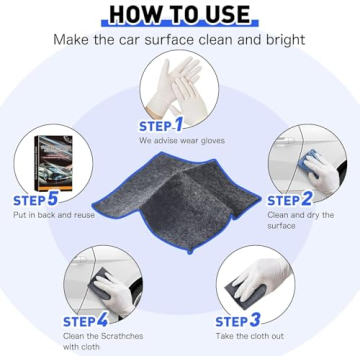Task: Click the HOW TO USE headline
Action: click(x=180, y=13)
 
